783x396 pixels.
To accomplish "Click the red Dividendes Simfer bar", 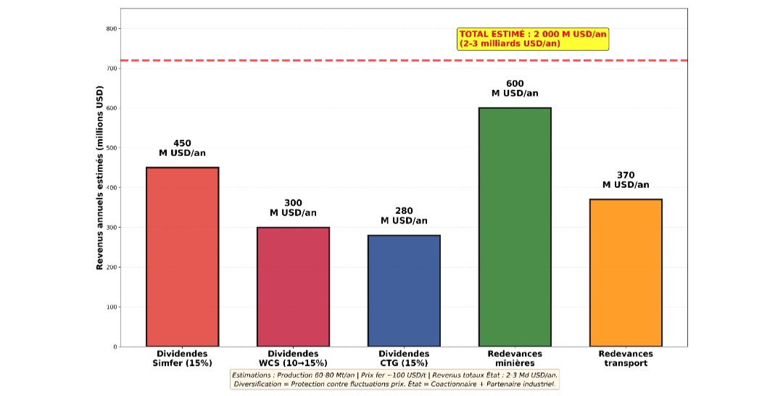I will coord(183,257).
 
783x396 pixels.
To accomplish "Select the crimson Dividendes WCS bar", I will coord(293,286).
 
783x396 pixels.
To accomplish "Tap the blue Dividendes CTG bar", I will coord(404,290).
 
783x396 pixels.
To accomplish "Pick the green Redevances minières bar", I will coord(515,227).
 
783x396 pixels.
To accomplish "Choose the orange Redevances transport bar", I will coord(626,273).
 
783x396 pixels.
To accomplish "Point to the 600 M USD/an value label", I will coord(515,88).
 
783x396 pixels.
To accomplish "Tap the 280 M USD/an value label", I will coord(404,215).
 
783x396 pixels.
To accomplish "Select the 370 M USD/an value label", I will coord(626,180).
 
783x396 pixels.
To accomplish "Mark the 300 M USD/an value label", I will coord(293,208).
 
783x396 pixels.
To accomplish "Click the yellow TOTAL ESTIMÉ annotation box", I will coord(533,39).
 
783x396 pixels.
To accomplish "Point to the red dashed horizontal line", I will coord(290,60).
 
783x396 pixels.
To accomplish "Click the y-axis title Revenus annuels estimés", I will coord(100,178).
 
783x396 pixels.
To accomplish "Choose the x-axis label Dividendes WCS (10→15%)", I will coord(293,358).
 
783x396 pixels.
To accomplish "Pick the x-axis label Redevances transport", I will coord(626,358).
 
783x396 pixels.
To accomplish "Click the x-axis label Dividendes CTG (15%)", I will coord(404,358).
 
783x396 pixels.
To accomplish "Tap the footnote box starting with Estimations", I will coord(395,379).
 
